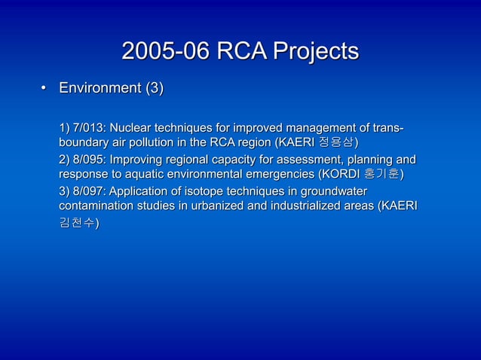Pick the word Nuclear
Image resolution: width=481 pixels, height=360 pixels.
pyautogui.click(x=133, y=125)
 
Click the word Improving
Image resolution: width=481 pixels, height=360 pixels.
pyautogui.click(x=136, y=160)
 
